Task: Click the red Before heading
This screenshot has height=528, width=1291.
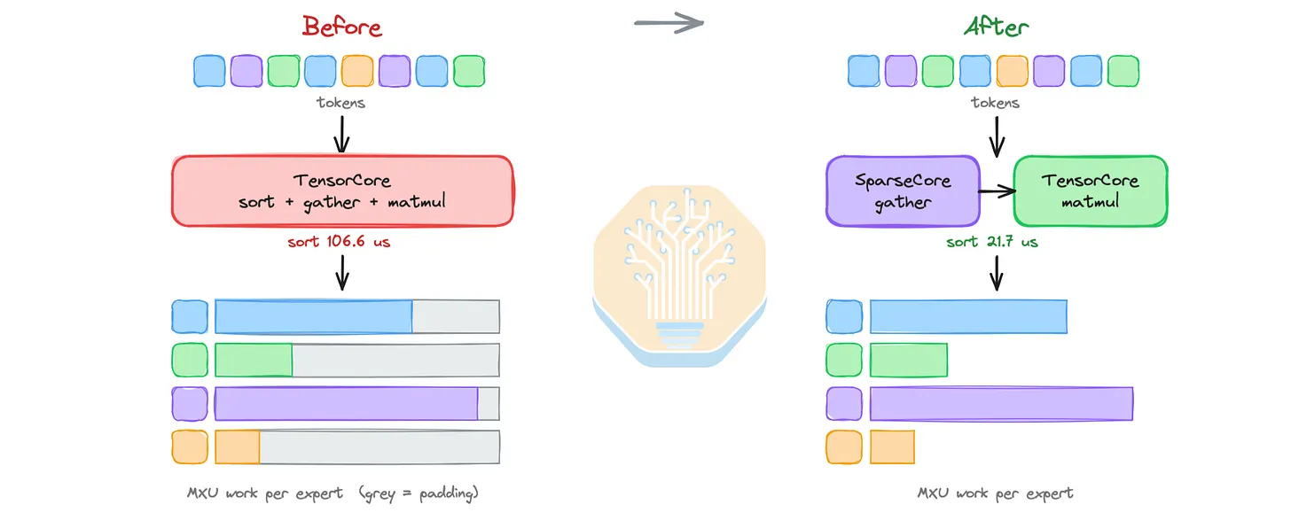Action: pos(341,27)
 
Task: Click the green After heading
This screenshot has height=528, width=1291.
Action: pos(997,27)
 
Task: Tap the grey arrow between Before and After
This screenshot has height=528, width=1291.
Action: pos(669,23)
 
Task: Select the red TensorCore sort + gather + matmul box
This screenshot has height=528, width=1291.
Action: pos(342,190)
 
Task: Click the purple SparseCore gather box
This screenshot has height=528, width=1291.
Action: pos(903,190)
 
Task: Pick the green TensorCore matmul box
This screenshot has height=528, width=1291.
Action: pos(1091,190)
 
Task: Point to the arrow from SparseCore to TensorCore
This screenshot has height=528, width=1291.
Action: pos(997,191)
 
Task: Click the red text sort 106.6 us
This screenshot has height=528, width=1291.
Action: pos(339,241)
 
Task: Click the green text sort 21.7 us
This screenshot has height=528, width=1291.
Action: pos(992,242)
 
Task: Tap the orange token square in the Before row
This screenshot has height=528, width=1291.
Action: pos(357,71)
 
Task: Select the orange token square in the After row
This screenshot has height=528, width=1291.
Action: pos(1012,71)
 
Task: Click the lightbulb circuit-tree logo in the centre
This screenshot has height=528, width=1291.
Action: pos(679,276)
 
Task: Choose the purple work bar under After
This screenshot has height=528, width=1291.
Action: pos(1001,404)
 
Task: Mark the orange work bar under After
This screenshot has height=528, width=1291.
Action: pos(892,446)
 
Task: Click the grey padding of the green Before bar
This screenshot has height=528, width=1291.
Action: pos(396,360)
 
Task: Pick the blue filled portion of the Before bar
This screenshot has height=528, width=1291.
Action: pos(314,316)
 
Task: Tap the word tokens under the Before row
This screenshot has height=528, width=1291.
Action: pos(340,103)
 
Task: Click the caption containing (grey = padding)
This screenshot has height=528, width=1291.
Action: pos(333,493)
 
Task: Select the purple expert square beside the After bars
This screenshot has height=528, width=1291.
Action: pos(844,404)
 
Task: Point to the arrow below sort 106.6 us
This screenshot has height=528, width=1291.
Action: pos(342,272)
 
